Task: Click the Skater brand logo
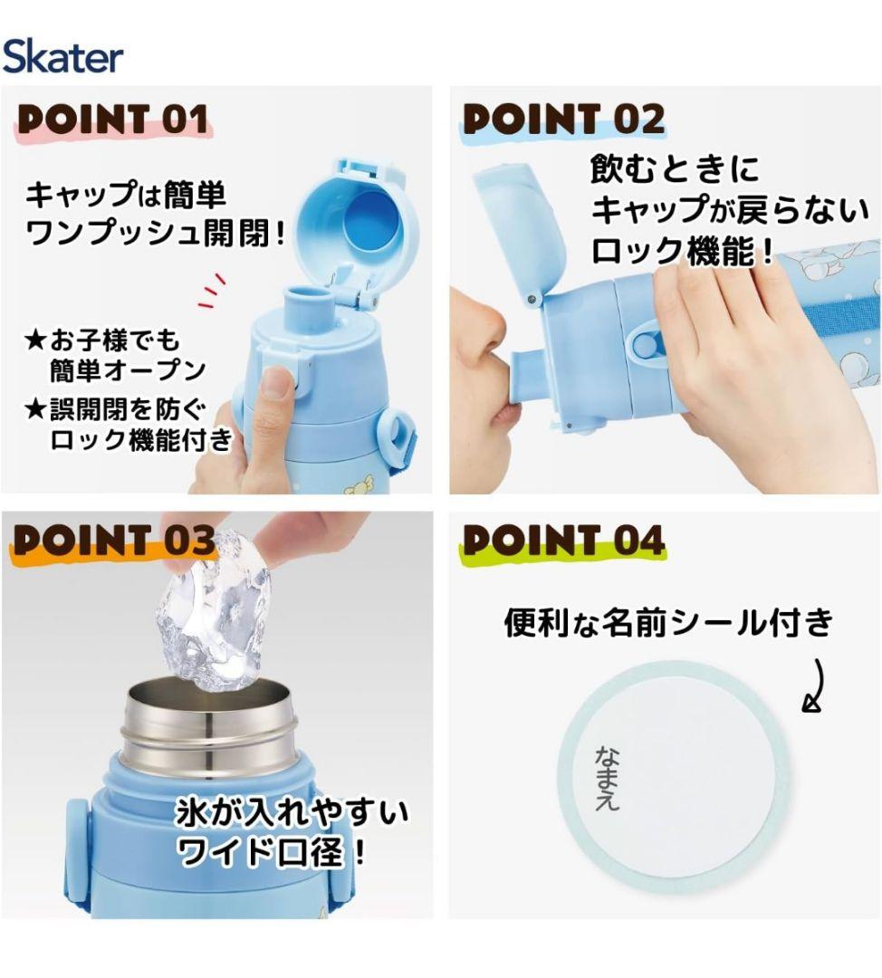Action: (62, 56)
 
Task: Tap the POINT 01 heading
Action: (113, 120)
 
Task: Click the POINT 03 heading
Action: (113, 541)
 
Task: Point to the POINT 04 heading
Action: (563, 541)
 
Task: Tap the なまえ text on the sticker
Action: (608, 777)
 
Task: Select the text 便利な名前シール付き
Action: (667, 622)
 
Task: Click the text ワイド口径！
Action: (274, 851)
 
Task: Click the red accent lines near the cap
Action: (212, 289)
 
